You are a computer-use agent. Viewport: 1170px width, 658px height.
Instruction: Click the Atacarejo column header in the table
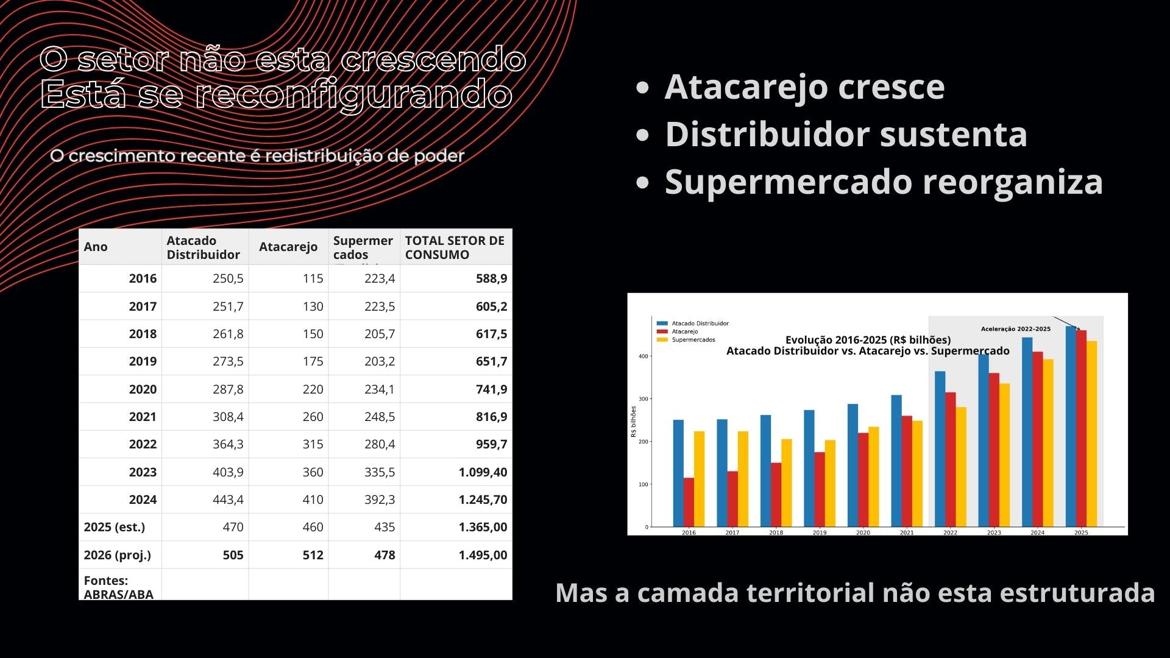pos(288,247)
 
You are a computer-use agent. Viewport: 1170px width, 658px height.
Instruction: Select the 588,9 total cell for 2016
pos(491,278)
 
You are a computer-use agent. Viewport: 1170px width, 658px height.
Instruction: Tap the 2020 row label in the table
pos(143,389)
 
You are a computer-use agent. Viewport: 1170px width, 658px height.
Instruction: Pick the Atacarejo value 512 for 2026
pos(313,555)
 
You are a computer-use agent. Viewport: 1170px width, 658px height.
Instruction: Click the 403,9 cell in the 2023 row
pos(228,472)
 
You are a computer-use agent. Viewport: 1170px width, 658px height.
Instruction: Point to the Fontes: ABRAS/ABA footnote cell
pos(119,587)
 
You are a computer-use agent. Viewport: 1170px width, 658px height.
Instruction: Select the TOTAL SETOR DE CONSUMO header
pos(455,247)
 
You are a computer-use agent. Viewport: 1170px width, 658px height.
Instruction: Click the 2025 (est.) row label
pos(115,527)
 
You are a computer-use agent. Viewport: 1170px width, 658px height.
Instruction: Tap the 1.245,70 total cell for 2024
pos(483,500)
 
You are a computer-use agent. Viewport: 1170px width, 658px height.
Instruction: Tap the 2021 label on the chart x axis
pos(907,532)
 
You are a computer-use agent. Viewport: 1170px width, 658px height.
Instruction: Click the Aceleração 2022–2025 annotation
pos(1015,329)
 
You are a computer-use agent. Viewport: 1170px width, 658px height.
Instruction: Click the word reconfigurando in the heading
pos(353,94)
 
